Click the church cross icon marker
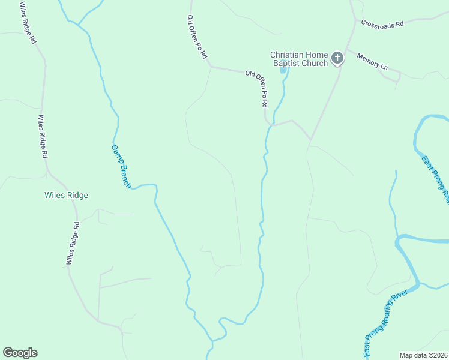(x=337, y=58)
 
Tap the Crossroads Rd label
(x=382, y=23)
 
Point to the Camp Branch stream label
(x=121, y=166)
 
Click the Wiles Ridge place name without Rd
(x=67, y=196)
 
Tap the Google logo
(x=20, y=353)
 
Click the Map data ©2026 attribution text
(x=423, y=355)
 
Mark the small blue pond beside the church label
(x=283, y=70)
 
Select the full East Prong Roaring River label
(x=386, y=321)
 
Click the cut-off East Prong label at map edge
(x=435, y=179)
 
